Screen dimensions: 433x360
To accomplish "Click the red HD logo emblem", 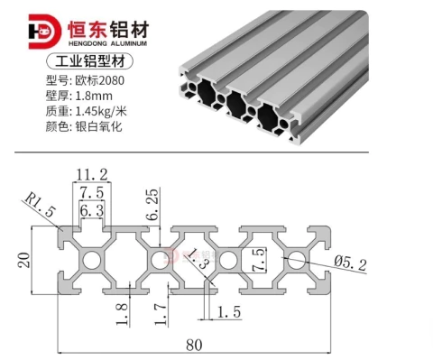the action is (44, 32).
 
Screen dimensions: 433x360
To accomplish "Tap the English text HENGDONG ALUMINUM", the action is (107, 43).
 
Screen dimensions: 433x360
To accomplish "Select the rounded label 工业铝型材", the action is (89, 61).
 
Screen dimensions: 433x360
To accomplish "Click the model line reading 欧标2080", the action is (99, 80).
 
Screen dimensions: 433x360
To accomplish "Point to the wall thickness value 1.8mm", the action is (94, 96).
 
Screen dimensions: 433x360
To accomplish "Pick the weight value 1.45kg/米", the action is (101, 111).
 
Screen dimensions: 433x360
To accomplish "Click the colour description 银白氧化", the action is (98, 126).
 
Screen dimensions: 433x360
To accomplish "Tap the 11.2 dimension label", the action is (92, 175).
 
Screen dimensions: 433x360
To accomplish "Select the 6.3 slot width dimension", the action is (92, 210).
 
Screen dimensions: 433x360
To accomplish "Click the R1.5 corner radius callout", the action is (40, 206).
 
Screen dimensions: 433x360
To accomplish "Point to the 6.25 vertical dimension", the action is (152, 204).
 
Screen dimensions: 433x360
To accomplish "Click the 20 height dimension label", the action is (24, 260).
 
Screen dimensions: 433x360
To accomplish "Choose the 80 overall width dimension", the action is (194, 345).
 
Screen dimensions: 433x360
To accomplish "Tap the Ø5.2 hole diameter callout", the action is (350, 263).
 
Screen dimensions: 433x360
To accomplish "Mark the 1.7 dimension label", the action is (161, 314).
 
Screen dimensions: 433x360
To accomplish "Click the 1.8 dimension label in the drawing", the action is (122, 314).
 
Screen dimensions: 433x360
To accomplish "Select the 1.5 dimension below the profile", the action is (229, 312).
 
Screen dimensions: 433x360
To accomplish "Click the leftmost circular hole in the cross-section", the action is (92, 260).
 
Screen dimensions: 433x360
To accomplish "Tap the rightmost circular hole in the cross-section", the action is (297, 260).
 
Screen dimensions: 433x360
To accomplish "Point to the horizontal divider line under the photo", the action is (192, 152).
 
